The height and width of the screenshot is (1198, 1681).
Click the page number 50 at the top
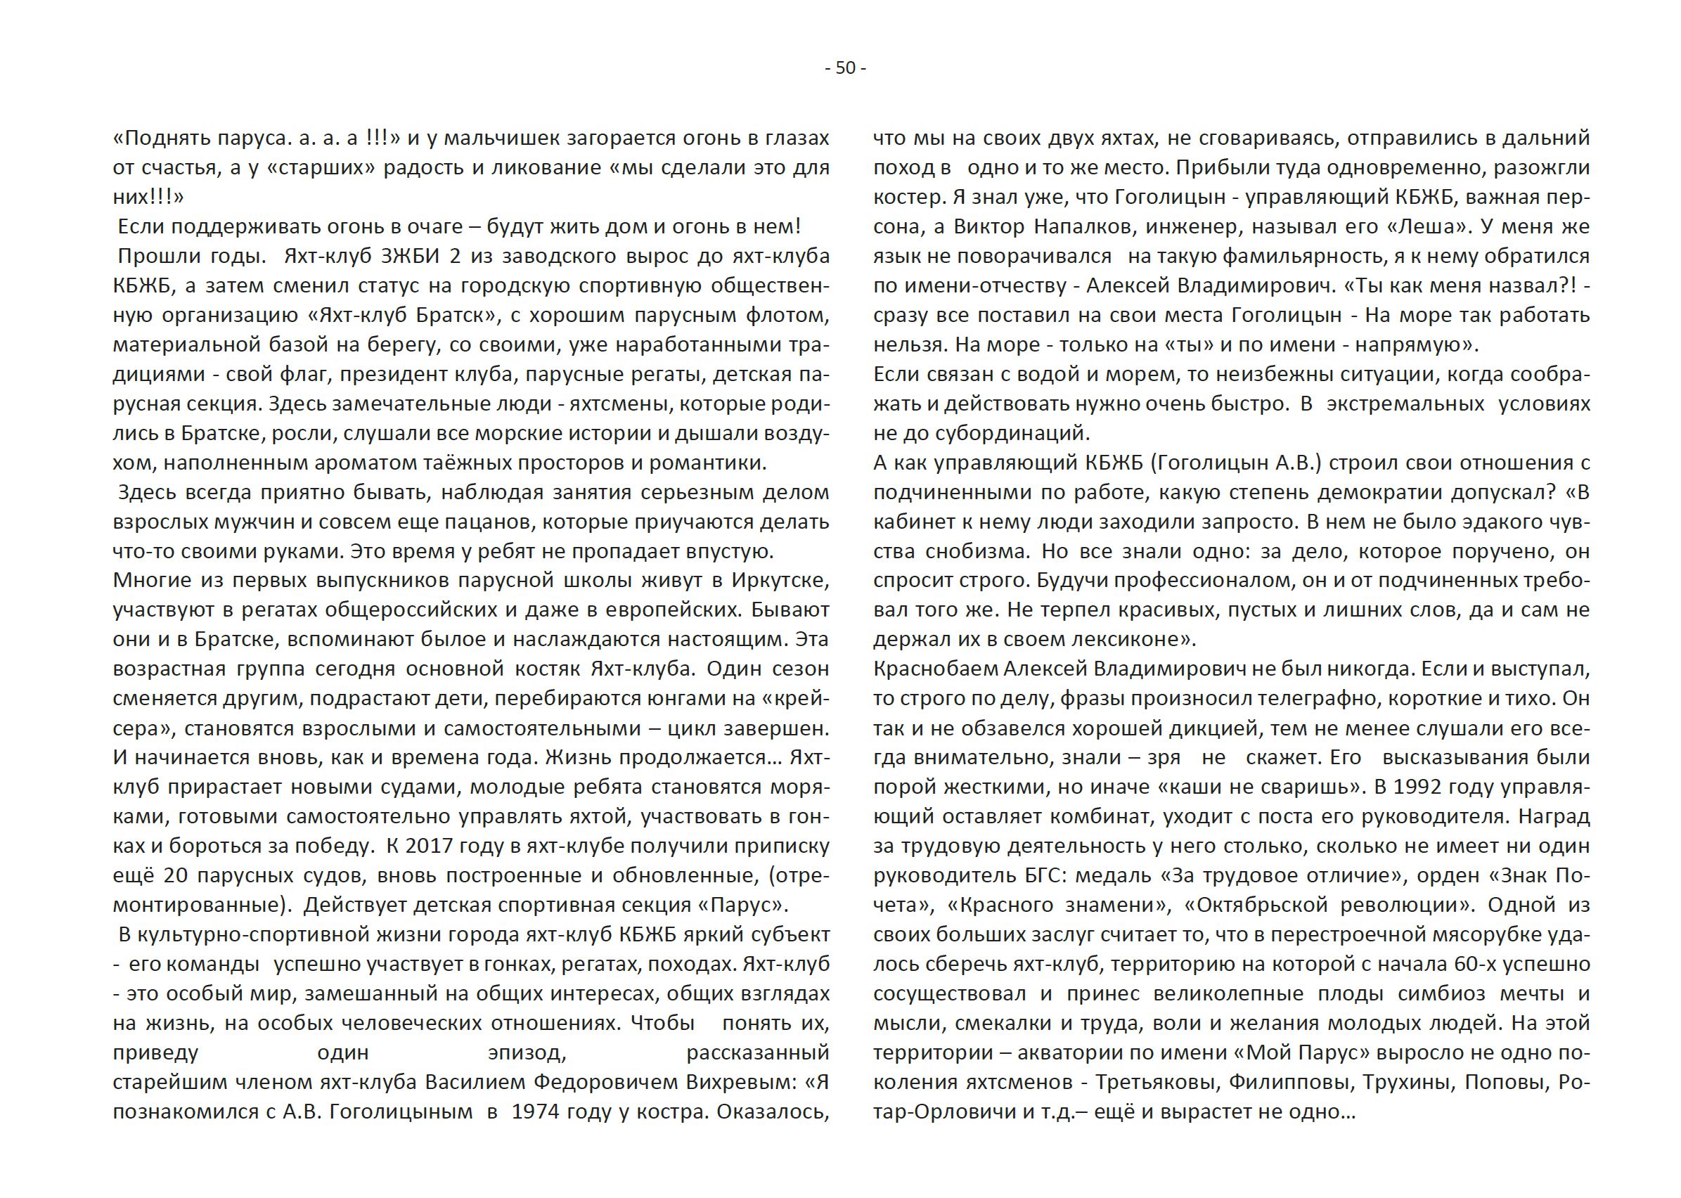(845, 68)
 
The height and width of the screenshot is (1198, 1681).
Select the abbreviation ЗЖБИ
(413, 256)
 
